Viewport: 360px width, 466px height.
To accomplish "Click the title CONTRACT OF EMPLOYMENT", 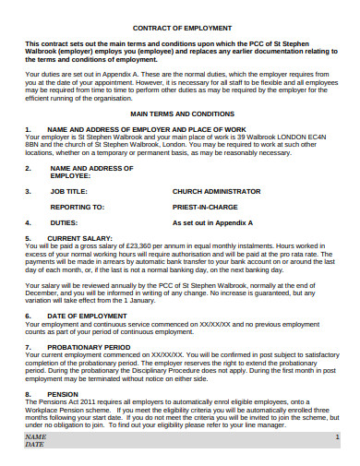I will point(180,28).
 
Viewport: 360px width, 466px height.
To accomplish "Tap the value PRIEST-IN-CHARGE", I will point(206,208).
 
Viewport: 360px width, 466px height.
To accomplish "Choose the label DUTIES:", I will point(64,222).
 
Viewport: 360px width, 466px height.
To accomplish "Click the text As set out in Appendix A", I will point(213,222).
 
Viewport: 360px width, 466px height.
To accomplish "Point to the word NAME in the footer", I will point(35,436).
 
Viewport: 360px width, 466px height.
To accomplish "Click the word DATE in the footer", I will point(34,444).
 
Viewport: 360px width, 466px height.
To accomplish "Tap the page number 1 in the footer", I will point(338,436).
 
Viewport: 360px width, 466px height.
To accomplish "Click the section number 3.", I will point(28,192).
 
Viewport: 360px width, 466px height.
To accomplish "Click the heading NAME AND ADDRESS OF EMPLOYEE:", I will point(88,173).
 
